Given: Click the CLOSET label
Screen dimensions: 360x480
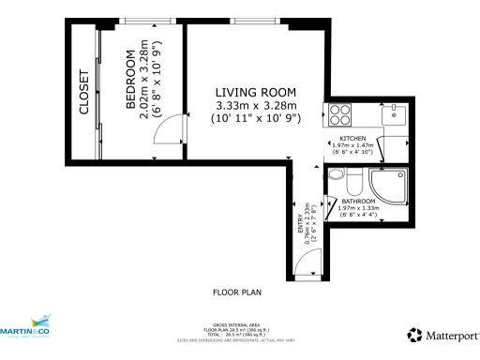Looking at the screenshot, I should tap(83, 92).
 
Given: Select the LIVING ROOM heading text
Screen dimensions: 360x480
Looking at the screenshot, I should tap(255, 92).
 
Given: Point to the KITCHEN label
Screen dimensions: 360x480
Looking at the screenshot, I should tap(352, 138).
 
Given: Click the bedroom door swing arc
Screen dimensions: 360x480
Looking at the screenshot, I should tap(165, 135).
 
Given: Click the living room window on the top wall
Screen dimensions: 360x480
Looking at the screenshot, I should tap(248, 21).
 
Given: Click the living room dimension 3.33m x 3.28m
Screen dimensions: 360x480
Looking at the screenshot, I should tap(255, 107).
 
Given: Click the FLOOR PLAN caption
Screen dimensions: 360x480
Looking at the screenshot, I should tap(238, 292).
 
